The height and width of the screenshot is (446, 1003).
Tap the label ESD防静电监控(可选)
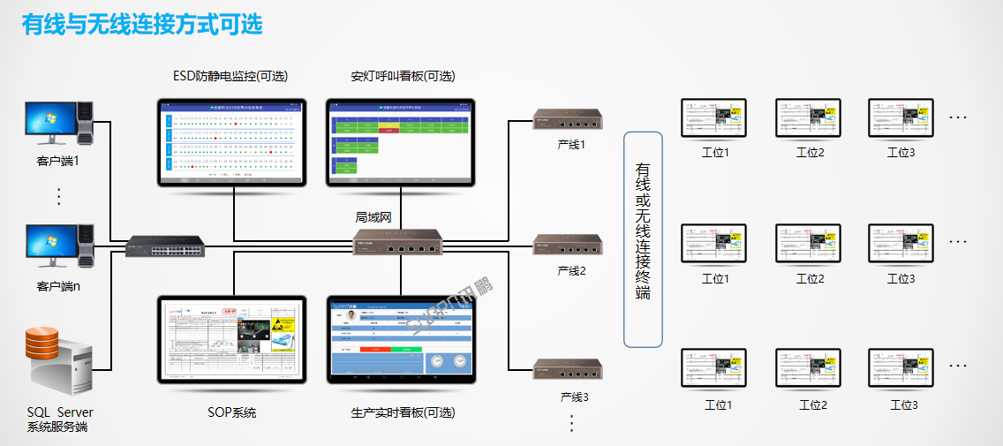(230, 76)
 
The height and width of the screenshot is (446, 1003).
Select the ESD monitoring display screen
(231, 141)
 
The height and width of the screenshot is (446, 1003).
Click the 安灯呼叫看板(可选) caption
(403, 76)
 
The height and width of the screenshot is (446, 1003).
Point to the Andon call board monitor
(401, 141)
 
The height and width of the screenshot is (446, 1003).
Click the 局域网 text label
(373, 216)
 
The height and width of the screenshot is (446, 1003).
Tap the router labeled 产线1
(567, 120)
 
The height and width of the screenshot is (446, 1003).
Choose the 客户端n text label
(59, 286)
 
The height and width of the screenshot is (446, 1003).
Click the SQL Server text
(59, 412)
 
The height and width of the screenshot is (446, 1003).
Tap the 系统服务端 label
(57, 427)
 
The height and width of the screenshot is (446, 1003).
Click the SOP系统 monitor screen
(231, 338)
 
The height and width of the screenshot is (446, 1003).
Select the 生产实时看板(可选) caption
(403, 412)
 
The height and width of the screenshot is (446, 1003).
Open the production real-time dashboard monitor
(401, 338)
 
